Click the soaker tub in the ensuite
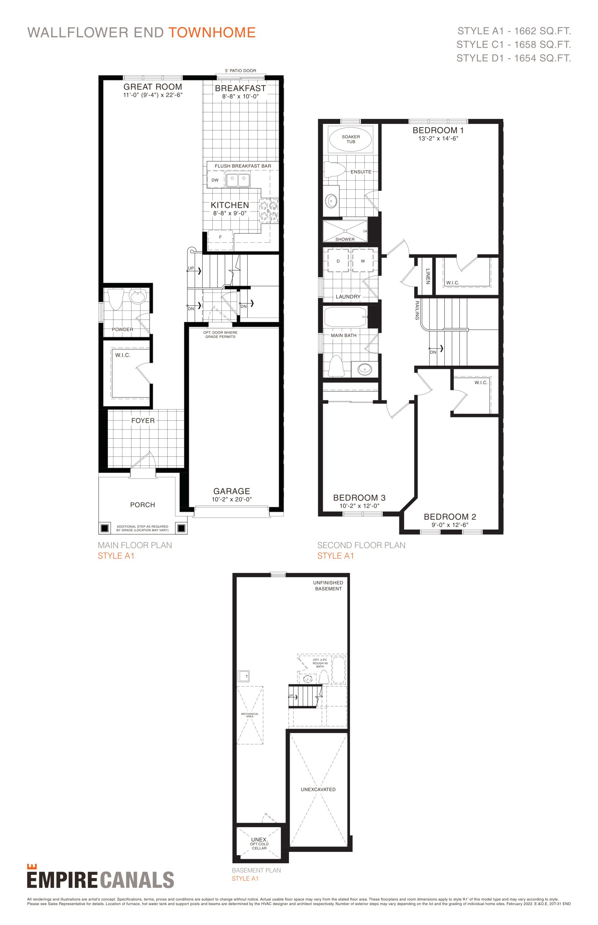point(350,139)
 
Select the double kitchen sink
point(238,180)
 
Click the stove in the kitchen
point(269,211)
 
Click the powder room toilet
point(115,299)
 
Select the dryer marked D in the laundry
point(338,261)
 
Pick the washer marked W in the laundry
point(363,261)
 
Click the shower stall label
point(345,239)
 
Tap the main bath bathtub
point(345,317)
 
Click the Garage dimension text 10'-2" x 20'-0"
point(231,499)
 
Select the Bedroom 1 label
point(438,130)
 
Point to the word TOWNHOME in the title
point(212,33)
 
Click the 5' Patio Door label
point(240,71)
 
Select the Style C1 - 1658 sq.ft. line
point(513,45)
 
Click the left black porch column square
point(104,528)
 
